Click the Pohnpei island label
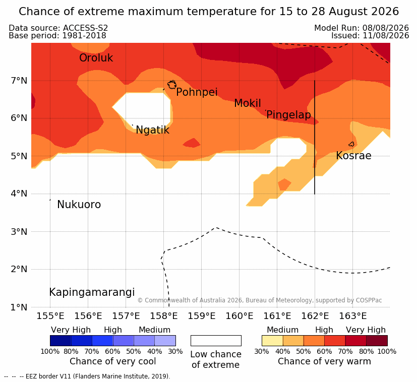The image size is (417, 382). tap(197, 92)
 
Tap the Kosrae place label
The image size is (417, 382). tap(353, 156)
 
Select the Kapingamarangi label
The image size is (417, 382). tap(92, 292)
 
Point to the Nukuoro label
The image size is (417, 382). tap(79, 205)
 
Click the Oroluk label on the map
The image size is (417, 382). tap(96, 58)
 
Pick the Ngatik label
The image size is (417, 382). tap(152, 130)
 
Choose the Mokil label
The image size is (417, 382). tap(248, 103)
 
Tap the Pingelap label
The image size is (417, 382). tap(288, 115)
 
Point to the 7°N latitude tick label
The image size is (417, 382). tap(19, 81)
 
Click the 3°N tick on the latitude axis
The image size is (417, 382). tap(19, 232)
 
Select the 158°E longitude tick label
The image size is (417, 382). tap(163, 316)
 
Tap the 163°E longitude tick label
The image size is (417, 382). tap(352, 316)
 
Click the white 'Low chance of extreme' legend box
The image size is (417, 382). tap(216, 341)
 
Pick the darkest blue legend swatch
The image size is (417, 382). tap(61, 341)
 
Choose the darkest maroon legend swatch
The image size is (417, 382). tap(377, 341)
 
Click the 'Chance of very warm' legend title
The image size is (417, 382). tap(324, 361)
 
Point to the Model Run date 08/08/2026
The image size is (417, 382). tap(385, 28)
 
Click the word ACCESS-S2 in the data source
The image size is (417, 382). tap(85, 28)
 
